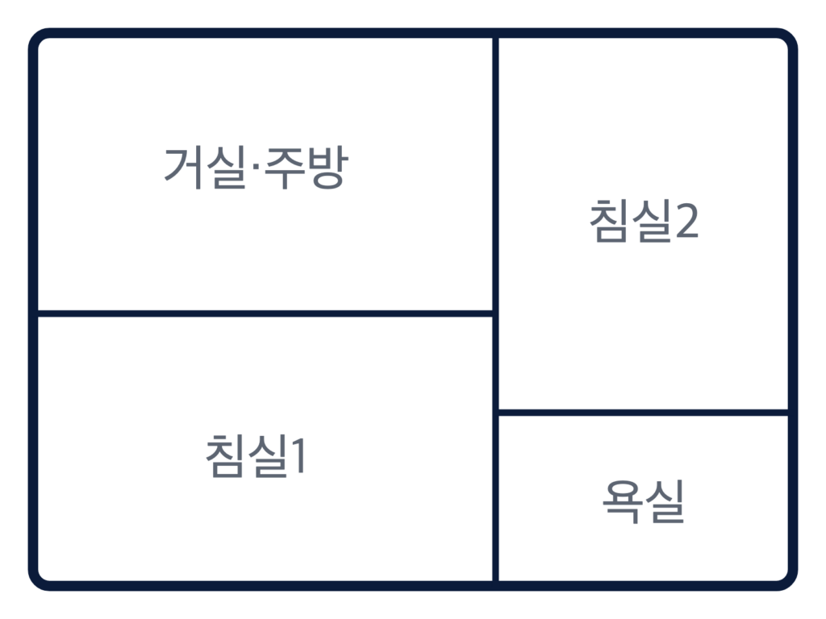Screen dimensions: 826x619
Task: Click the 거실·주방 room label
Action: click(256, 168)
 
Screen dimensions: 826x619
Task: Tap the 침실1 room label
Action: click(256, 456)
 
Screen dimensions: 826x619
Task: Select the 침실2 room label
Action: click(644, 221)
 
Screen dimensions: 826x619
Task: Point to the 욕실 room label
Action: click(643, 501)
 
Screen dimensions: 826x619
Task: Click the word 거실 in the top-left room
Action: click(206, 168)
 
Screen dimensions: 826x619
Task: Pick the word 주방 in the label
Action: click(307, 168)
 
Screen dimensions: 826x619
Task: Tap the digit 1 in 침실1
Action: click(298, 456)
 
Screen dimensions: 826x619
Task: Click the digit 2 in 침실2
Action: click(687, 221)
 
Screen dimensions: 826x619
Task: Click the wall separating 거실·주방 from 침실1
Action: click(265, 314)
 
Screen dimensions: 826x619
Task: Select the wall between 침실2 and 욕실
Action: click(643, 412)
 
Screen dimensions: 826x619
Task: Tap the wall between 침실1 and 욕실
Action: click(496, 498)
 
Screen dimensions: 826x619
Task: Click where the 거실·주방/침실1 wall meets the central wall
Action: click(496, 314)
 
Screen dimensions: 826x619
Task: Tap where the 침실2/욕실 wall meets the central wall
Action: click(496, 412)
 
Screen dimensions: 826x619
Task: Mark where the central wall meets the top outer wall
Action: click(496, 33)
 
